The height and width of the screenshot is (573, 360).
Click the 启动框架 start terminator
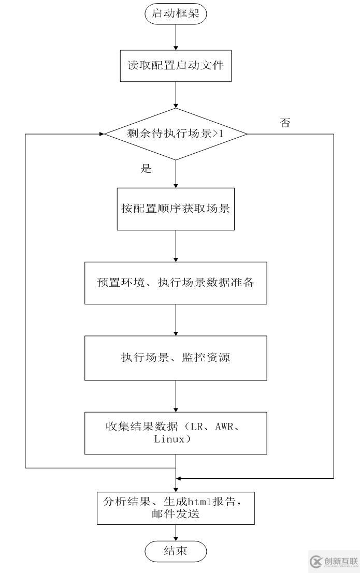click(176, 14)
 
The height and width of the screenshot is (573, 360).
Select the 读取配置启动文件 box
click(176, 66)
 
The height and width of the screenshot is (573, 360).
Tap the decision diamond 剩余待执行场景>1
click(176, 134)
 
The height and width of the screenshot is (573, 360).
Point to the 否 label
click(285, 123)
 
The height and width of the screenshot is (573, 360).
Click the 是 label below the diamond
click(146, 169)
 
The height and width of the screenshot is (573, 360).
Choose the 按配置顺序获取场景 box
click(176, 209)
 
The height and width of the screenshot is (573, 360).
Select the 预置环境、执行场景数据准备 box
click(176, 283)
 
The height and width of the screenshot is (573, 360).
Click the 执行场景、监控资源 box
click(176, 358)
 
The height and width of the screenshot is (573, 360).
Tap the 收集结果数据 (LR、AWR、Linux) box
click(176, 433)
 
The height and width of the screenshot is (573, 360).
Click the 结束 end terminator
click(176, 551)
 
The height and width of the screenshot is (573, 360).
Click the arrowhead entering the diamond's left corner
click(101, 134)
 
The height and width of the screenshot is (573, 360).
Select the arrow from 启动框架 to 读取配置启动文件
click(176, 36)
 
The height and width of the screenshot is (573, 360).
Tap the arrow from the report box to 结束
click(176, 533)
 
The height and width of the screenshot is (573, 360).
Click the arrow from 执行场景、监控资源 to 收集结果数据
click(176, 396)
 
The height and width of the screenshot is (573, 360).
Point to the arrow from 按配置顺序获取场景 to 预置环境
click(176, 246)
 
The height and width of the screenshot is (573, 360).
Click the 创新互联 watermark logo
click(334, 562)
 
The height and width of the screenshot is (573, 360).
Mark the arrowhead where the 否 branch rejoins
click(179, 477)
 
